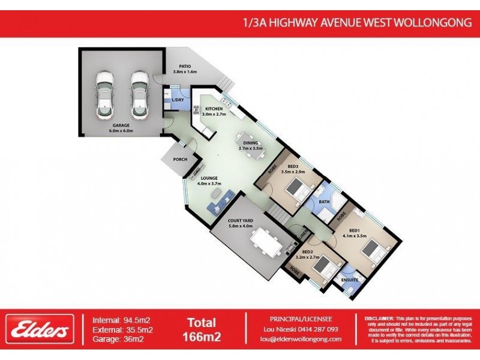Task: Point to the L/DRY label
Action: tap(177, 100)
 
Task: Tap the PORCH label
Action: tap(180, 159)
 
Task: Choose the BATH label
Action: tap(325, 202)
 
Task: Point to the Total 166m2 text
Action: tap(202, 329)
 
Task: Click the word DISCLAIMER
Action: tap(379, 318)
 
